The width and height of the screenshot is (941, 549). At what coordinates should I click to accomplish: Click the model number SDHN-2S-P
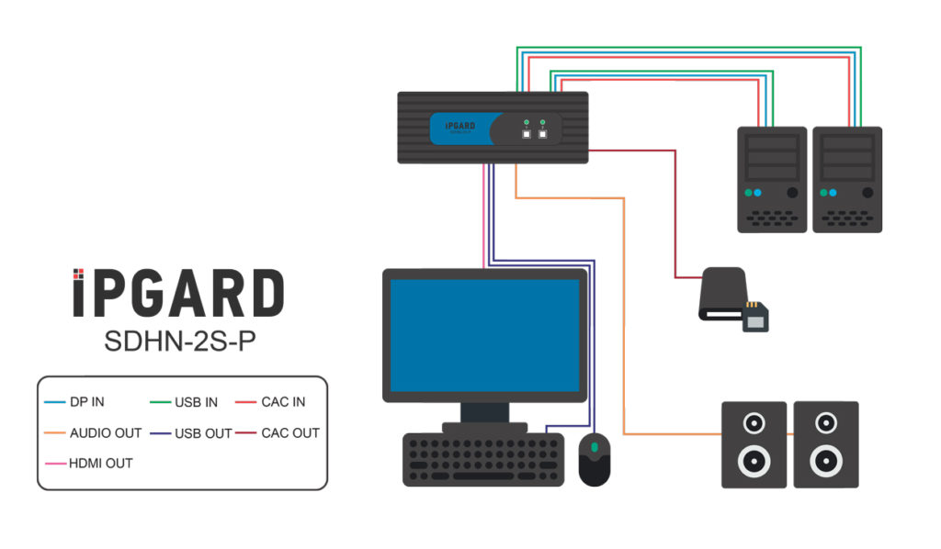coord(178,341)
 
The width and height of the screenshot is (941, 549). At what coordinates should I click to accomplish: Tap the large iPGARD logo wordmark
coord(178,294)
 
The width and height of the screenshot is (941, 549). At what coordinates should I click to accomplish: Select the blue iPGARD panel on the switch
coord(465,129)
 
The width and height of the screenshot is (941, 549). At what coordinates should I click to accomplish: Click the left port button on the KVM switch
coord(527,134)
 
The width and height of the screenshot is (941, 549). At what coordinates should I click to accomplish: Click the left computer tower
coord(772,179)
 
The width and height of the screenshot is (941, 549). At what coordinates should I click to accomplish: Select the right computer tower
coord(847,179)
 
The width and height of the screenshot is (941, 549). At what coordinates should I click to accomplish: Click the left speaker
coord(754,444)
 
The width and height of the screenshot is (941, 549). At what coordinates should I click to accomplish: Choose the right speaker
coord(825,444)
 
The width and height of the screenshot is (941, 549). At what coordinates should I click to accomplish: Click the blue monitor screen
coord(484,334)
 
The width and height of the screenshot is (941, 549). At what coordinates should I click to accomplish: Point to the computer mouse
coord(595,458)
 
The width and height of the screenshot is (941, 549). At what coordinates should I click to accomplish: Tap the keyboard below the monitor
coord(483,459)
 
